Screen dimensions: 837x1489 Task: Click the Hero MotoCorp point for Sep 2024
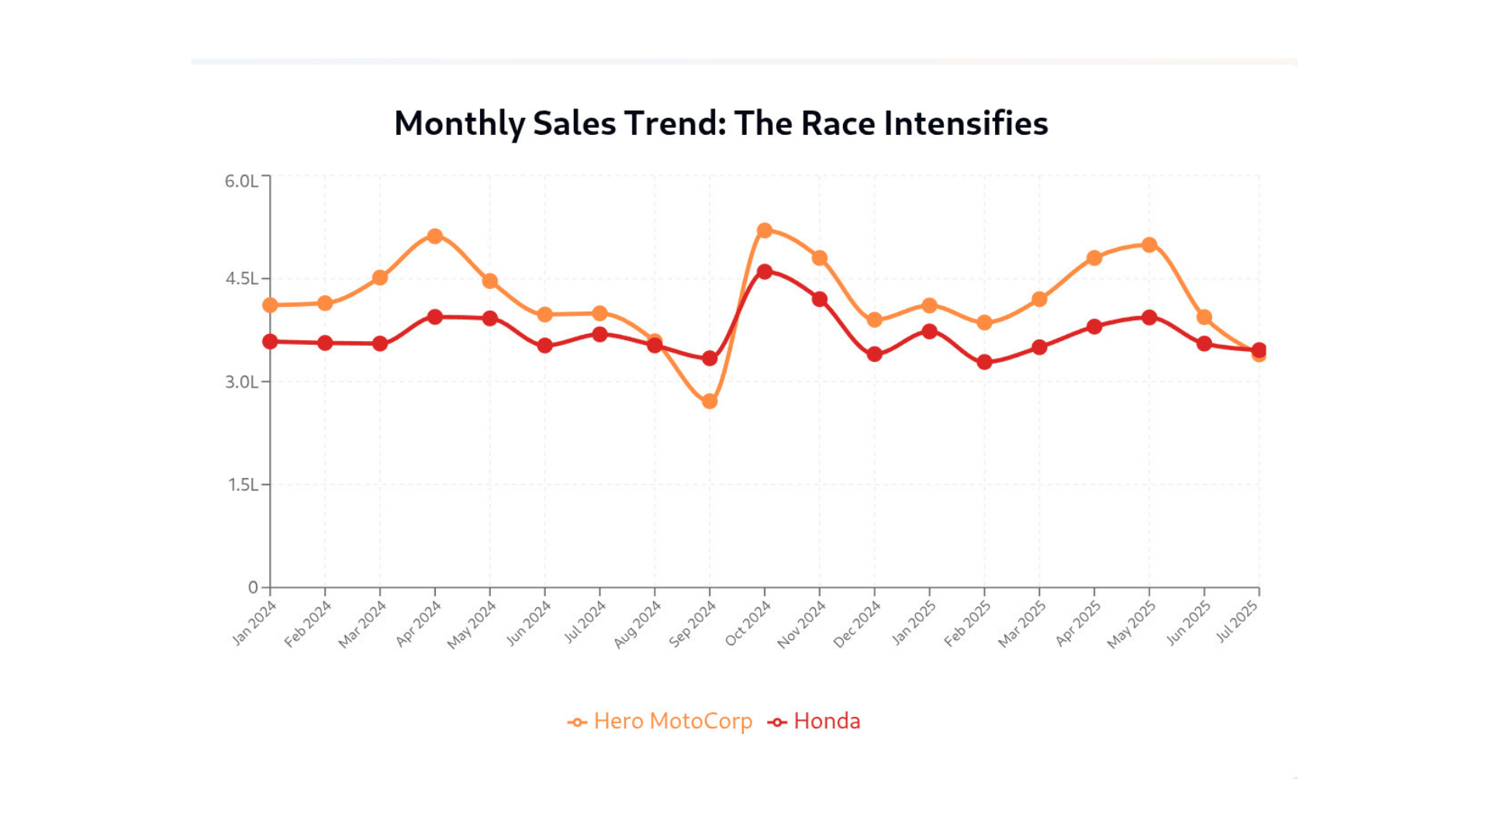coord(710,401)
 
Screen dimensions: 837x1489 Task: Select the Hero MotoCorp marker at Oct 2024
coord(765,230)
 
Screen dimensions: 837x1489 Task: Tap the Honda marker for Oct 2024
coord(765,271)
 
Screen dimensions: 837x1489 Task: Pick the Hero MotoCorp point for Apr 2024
coord(435,236)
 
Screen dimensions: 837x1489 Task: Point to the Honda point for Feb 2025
coord(985,362)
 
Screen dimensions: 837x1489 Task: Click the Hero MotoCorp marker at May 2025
coord(1149,245)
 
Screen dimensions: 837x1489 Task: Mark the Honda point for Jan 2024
coord(270,342)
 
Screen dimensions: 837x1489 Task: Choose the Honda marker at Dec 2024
coord(875,354)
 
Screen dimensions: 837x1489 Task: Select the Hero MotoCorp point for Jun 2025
coord(1204,317)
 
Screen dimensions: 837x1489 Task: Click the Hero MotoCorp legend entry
coord(660,722)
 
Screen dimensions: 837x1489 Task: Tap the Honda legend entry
coord(814,722)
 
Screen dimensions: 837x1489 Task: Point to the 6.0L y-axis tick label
coord(241,181)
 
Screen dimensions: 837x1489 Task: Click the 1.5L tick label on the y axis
coord(243,485)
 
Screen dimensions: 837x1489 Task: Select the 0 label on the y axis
coord(253,587)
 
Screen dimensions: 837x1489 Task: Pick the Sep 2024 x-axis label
coord(693,625)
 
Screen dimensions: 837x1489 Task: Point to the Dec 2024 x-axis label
coord(857,625)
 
